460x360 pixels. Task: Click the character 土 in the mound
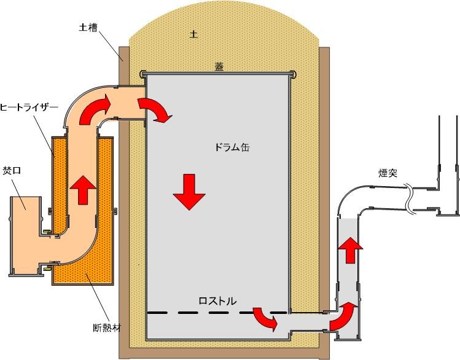tap(194, 35)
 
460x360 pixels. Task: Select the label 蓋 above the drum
tap(219, 67)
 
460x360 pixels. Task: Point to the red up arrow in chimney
tap(351, 249)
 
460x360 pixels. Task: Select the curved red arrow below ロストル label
tap(265, 319)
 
